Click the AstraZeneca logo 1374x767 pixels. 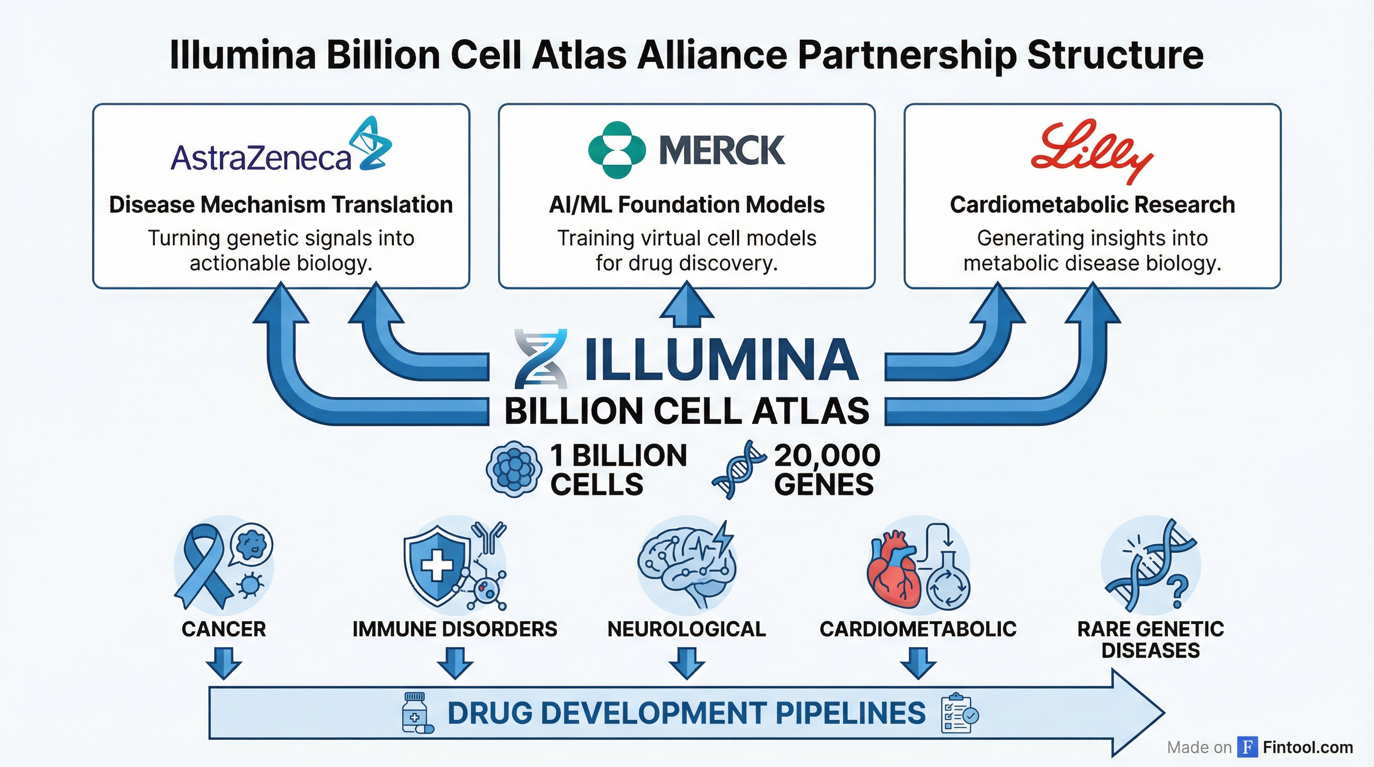coord(281,147)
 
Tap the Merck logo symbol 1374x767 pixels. coord(617,150)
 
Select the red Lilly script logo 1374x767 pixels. coord(1091,150)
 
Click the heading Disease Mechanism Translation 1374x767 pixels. coord(281,205)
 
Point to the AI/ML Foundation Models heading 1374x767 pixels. coord(687,205)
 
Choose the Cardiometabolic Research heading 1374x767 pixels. coord(1092,205)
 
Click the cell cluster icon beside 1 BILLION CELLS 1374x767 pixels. coord(514,469)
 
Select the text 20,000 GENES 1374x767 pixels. coord(826,470)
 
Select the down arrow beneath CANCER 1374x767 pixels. coord(224,664)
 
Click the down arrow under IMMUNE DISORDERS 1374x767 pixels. coord(454,664)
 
